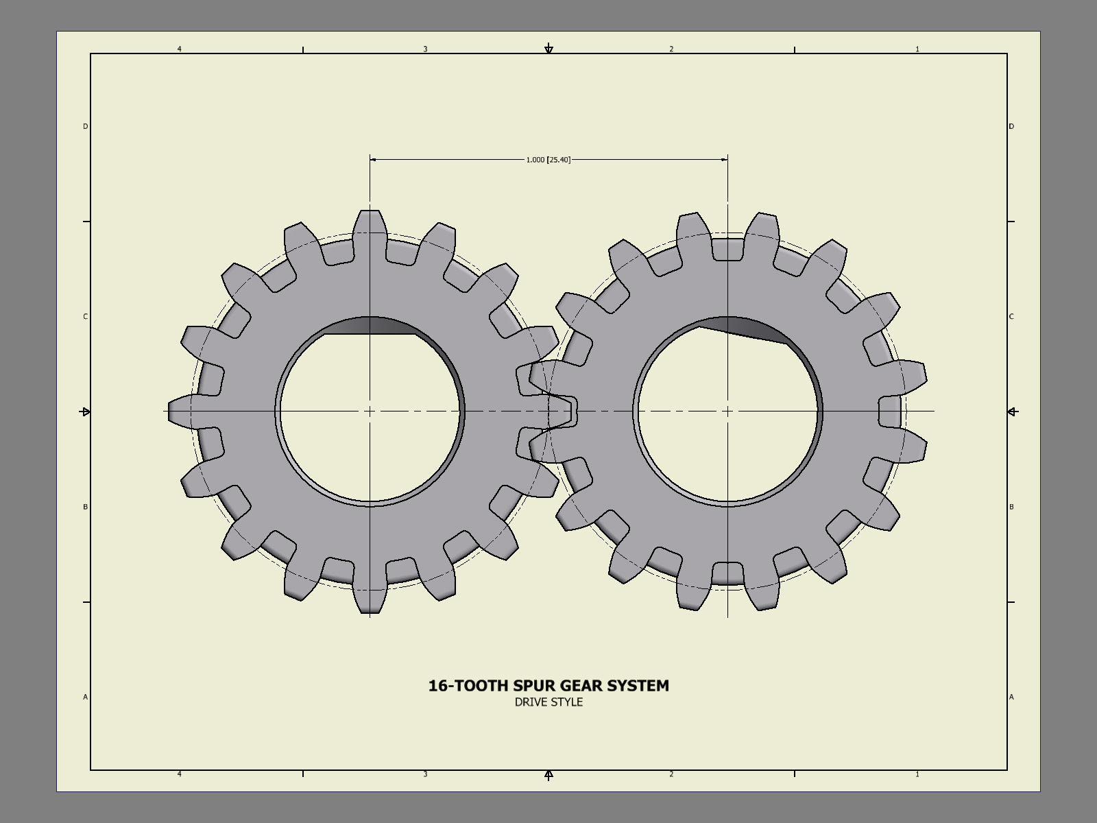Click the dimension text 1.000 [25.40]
(x=548, y=160)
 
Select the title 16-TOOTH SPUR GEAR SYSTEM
(x=548, y=685)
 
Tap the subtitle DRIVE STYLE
(x=548, y=702)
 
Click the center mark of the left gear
(x=370, y=411)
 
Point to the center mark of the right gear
(x=727, y=411)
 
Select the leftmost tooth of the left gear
(x=181, y=411)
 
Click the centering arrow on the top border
(x=548, y=49)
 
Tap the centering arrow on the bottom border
(x=548, y=775)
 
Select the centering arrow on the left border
(x=86, y=411)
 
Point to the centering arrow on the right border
(x=1013, y=411)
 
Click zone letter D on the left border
(x=86, y=126)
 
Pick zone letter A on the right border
(x=1011, y=697)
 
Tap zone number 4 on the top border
(x=180, y=49)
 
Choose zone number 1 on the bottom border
(x=917, y=774)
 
